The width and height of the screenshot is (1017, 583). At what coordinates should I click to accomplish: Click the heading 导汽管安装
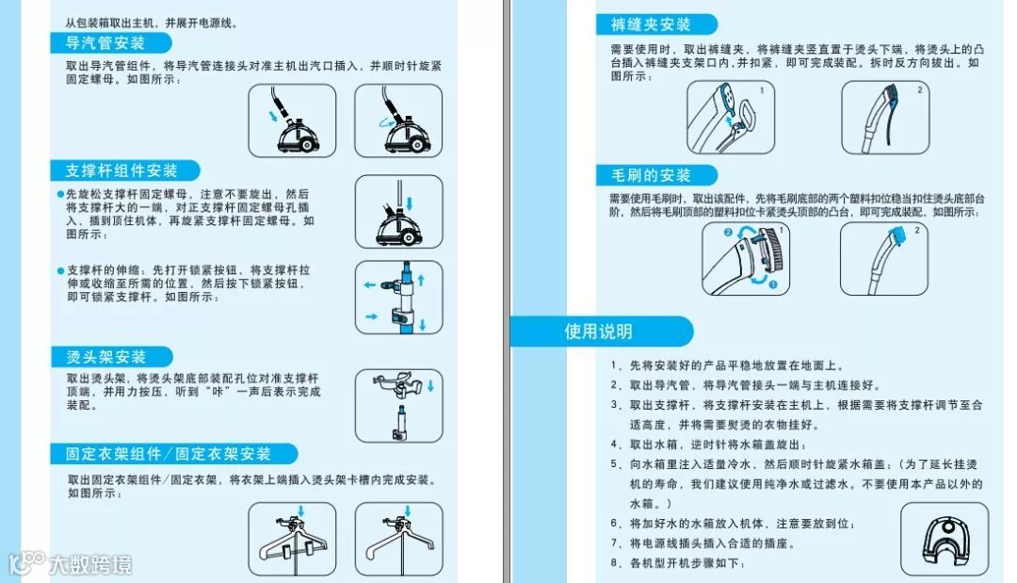coord(105,43)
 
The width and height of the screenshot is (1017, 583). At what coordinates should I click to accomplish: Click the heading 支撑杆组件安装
coord(121,170)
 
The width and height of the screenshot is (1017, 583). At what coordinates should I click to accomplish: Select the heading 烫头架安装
coord(105,357)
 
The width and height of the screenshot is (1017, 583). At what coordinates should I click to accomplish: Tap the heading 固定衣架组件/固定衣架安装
coord(168,453)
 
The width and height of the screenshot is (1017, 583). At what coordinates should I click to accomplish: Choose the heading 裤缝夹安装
coord(651,24)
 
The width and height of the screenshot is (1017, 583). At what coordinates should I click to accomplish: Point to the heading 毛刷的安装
coord(651,175)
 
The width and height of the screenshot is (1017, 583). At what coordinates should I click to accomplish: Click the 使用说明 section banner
coord(598,332)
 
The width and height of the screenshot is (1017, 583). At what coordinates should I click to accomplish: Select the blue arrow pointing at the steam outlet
coord(273,116)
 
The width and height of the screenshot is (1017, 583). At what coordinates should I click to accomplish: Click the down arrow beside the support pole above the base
coord(410,203)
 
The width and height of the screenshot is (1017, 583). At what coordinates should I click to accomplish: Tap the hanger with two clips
coord(293,542)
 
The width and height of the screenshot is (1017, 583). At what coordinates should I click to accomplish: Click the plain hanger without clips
coord(399,541)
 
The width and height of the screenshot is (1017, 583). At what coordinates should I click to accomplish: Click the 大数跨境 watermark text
coord(90,565)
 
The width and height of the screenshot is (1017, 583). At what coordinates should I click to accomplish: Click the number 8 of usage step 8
coord(614,563)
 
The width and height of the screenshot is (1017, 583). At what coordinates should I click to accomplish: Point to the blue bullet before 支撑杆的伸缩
coord(60,270)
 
